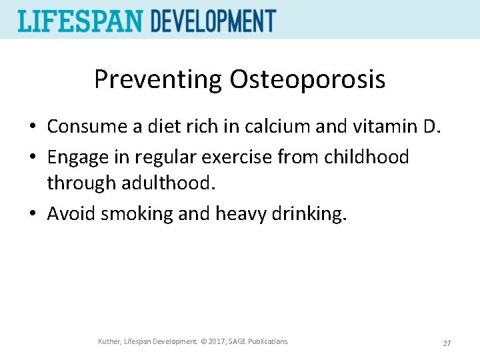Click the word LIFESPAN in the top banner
pos(81,21)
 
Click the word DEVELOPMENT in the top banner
pos(213,21)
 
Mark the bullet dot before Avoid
pos(33,214)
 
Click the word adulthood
pos(175,182)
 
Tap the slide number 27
pos(447,343)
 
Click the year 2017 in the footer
pos(217,342)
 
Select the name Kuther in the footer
pos(109,342)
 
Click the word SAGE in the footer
pos(239,342)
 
